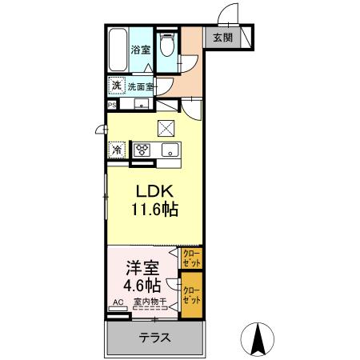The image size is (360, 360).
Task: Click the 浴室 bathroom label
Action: pyautogui.click(x=141, y=49)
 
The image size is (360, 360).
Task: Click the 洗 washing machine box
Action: pyautogui.click(x=116, y=85)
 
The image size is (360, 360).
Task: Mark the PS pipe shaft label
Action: pyautogui.click(x=111, y=103)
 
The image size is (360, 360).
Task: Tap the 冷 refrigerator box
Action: pyautogui.click(x=117, y=150)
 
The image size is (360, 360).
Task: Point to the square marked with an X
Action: pyautogui.click(x=166, y=127)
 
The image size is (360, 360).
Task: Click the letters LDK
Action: pyautogui.click(x=154, y=193)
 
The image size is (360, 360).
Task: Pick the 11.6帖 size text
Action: pyautogui.click(x=154, y=210)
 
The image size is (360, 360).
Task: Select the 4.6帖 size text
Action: pyautogui.click(x=141, y=286)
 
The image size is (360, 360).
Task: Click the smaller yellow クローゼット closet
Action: pyautogui.click(x=191, y=258)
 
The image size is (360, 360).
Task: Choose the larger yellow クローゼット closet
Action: pyautogui.click(x=191, y=295)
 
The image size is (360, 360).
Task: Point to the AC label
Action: pyautogui.click(x=117, y=302)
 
